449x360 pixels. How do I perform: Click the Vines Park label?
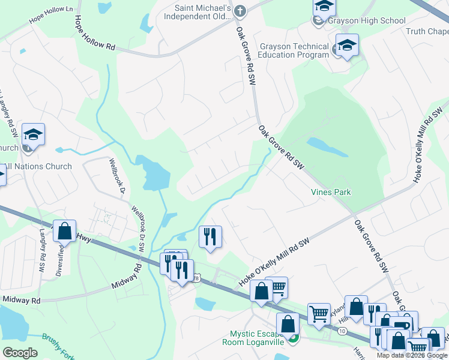point(331,193)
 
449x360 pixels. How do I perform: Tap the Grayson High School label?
point(367,21)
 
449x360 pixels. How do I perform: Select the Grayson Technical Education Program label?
point(294,50)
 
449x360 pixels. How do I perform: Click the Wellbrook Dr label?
point(116,176)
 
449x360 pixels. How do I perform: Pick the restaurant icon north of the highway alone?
point(210,236)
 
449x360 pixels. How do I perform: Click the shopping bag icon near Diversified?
point(64,230)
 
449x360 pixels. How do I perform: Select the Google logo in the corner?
point(20,353)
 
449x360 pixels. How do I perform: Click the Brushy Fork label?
point(58,346)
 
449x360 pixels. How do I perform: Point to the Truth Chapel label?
point(427,32)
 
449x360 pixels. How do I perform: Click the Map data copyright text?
point(411,355)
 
